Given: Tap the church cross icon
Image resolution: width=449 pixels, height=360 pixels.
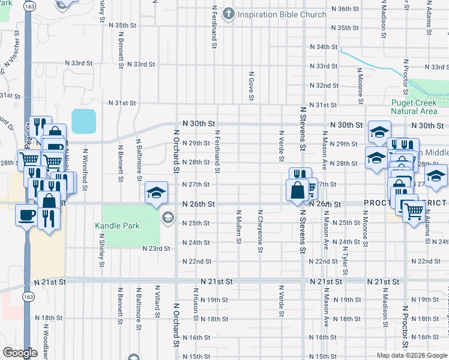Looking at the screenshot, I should tap(229, 13).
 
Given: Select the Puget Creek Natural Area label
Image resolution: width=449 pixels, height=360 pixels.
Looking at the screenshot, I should tap(414, 107).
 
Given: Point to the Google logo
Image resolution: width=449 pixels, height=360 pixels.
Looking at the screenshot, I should tap(20, 353).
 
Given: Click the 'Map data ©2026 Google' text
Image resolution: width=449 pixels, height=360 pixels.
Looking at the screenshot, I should tap(412, 355).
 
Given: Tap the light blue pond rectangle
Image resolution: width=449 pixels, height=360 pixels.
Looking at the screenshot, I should tap(83, 121).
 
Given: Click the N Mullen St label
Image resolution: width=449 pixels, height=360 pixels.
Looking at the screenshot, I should tap(239, 227).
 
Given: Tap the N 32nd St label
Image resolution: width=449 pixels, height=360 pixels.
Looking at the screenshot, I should tap(324, 86).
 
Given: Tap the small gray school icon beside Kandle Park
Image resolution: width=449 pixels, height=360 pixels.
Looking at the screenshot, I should tap(168, 217).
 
